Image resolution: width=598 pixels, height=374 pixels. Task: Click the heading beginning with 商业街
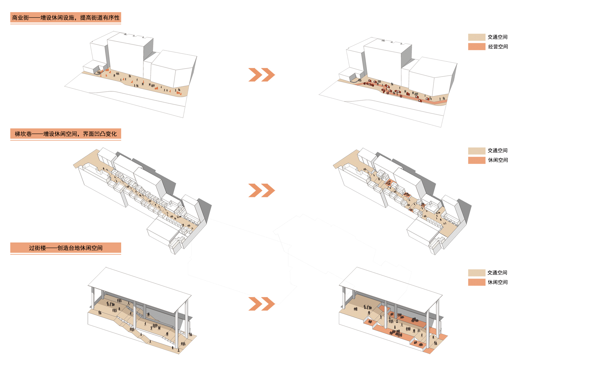[x=66, y=18]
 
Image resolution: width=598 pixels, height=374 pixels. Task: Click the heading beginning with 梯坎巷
[x=66, y=134]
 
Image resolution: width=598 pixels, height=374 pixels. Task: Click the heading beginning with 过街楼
[x=66, y=248]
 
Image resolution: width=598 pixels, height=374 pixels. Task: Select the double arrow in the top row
[x=262, y=75]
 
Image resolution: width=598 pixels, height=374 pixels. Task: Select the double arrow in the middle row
[x=262, y=190]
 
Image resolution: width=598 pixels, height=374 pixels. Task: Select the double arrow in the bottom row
[x=262, y=304]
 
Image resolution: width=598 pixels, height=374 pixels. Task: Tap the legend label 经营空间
[x=498, y=47]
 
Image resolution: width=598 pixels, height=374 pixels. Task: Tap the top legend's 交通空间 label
[x=498, y=37]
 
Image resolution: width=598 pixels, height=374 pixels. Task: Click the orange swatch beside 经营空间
[x=477, y=47]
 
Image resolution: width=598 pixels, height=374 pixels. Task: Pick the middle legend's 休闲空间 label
[x=498, y=160]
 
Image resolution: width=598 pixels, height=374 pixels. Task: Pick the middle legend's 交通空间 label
[x=498, y=151]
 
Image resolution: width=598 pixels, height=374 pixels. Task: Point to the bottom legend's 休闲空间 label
[x=498, y=282]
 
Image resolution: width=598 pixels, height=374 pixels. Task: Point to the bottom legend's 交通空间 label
[x=497, y=273]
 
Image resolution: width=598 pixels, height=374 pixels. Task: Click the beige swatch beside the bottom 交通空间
[x=477, y=273]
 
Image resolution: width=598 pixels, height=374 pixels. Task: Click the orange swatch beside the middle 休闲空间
[x=477, y=160]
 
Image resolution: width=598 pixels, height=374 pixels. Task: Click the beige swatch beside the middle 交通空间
[x=477, y=151]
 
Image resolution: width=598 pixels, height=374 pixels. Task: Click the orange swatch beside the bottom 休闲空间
[x=477, y=282]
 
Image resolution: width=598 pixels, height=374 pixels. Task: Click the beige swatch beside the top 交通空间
[x=477, y=37]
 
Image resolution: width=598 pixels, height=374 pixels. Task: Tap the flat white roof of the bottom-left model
[x=140, y=290]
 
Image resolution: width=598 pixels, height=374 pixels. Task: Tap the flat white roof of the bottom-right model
[x=391, y=290]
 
